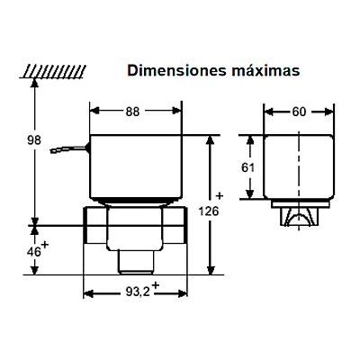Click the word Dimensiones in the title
(x=176, y=71)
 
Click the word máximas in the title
(x=265, y=71)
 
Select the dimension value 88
(x=132, y=112)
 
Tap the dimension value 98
(x=34, y=140)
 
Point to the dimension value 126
(x=209, y=211)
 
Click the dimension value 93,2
(x=138, y=292)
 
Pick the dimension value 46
(x=34, y=252)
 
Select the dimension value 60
(x=299, y=112)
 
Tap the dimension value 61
(x=248, y=167)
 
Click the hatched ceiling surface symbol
(x=53, y=71)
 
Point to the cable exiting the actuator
(x=69, y=149)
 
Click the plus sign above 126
(x=220, y=196)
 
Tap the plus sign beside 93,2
(x=155, y=285)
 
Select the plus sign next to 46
(x=45, y=245)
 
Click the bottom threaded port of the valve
(x=136, y=262)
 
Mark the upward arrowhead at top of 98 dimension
(x=35, y=83)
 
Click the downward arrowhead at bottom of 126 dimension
(x=211, y=269)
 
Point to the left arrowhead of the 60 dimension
(x=268, y=112)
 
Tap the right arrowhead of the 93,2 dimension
(x=183, y=293)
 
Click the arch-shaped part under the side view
(x=299, y=217)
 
